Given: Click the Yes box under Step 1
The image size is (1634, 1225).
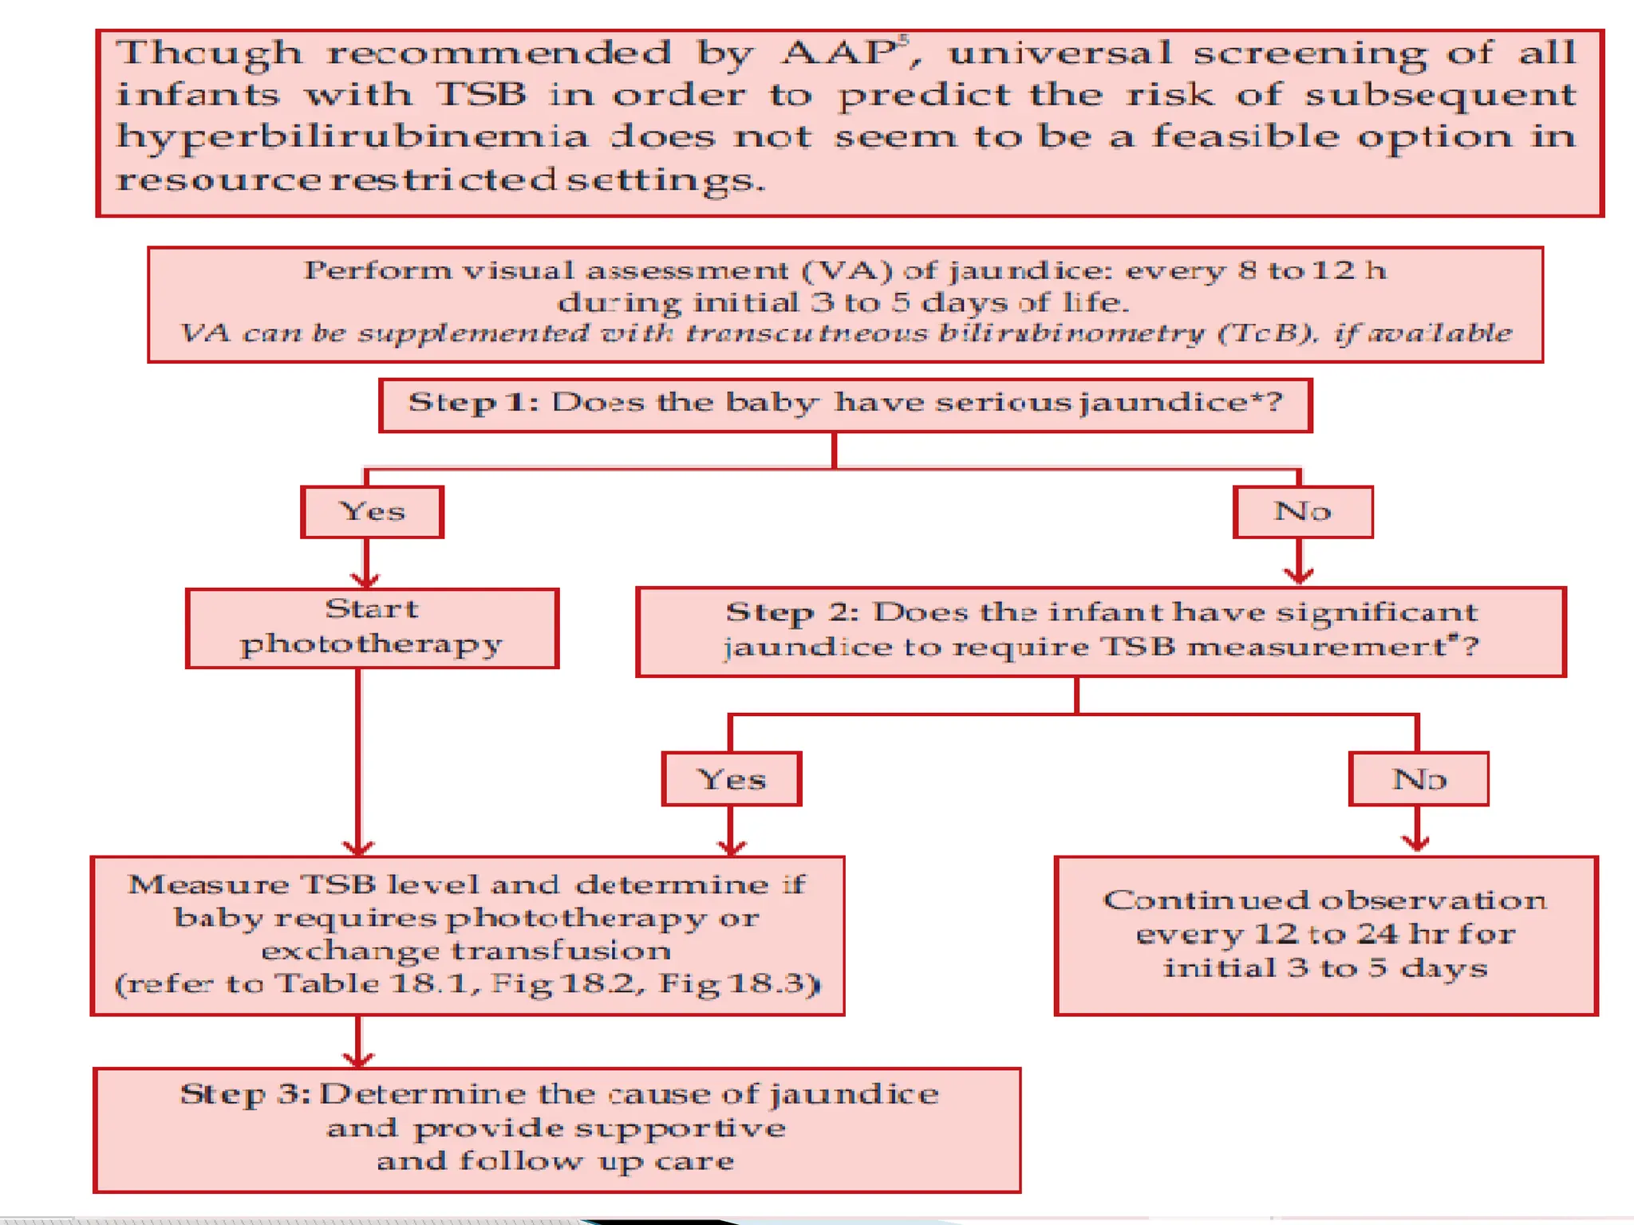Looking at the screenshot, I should [x=372, y=512].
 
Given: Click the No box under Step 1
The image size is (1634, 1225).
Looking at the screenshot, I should [x=1302, y=512].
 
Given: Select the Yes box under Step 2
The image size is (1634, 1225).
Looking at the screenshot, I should [x=731, y=779].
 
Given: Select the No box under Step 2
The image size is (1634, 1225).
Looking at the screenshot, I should [x=1418, y=779].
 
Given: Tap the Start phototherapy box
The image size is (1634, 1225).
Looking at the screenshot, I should [x=372, y=628].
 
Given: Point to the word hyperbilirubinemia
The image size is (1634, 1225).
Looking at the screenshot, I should [x=351, y=137].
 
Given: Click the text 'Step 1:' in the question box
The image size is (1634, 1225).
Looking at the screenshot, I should [x=473, y=403].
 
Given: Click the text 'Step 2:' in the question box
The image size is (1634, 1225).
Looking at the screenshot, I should [x=791, y=612].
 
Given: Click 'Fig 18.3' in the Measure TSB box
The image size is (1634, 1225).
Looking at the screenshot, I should [x=736, y=983].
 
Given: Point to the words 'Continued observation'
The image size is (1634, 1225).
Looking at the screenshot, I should [x=1324, y=900].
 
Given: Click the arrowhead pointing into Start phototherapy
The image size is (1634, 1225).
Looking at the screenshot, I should [x=365, y=580].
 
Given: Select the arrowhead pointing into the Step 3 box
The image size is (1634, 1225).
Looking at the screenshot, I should [x=358, y=1059].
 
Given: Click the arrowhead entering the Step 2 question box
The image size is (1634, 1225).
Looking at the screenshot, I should [x=1299, y=576].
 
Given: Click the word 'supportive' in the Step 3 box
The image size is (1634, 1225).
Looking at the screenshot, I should [x=680, y=1128].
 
